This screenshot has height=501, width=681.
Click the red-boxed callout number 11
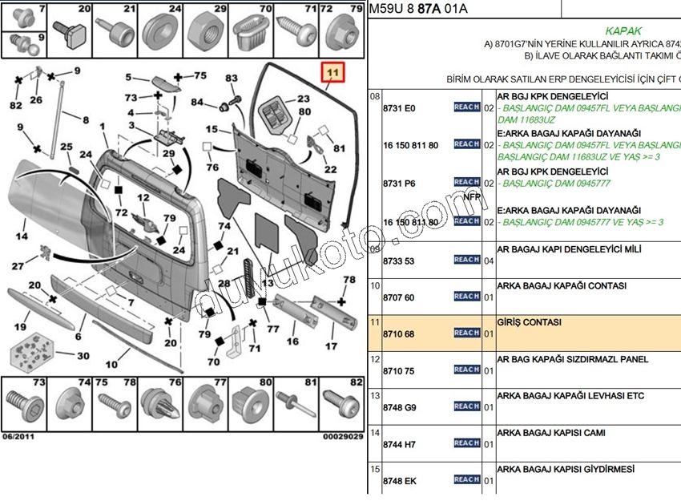[x=332, y=74]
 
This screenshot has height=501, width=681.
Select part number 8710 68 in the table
[x=398, y=333]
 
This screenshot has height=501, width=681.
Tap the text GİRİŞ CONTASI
[x=529, y=322]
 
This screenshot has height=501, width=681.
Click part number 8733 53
[x=398, y=260]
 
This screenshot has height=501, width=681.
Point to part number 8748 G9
[x=398, y=406]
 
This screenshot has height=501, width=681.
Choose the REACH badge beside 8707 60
[x=467, y=297]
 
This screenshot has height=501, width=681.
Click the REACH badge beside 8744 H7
[x=467, y=443]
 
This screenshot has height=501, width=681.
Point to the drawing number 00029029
[x=343, y=437]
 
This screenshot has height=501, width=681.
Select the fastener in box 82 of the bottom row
[x=340, y=406]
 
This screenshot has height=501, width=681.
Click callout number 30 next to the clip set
[x=83, y=355]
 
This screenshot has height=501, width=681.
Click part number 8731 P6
[x=398, y=184]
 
